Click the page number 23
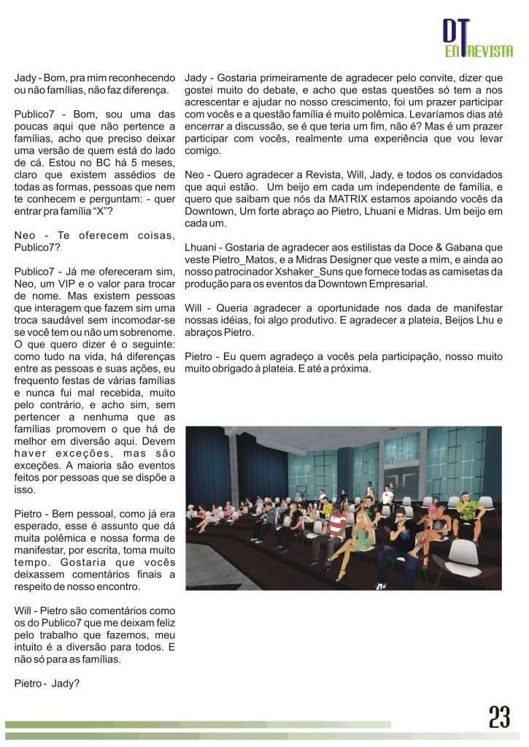point(499,717)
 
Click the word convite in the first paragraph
point(431,77)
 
